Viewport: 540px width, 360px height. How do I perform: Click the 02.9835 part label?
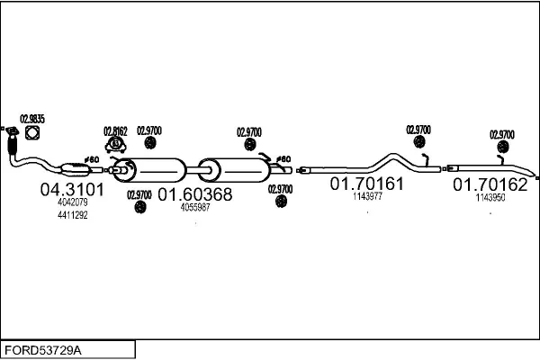pos(31,118)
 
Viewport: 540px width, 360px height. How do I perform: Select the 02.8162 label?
pos(115,130)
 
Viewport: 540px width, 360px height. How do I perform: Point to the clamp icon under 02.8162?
pos(117,144)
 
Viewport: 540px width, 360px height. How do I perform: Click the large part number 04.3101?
pos(73,190)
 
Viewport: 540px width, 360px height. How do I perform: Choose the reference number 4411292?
pos(73,215)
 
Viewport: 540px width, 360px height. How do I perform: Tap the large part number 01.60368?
pos(195,194)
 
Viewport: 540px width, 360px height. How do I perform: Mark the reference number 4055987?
pos(195,207)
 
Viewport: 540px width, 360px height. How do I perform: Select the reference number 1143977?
pos(367,196)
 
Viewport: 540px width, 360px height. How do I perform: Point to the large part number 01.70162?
pos(490,184)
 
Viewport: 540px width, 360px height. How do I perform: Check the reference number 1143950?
pos(490,197)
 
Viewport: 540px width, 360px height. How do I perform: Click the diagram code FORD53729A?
pos(42,348)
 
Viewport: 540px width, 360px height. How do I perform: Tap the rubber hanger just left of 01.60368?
pos(139,208)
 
